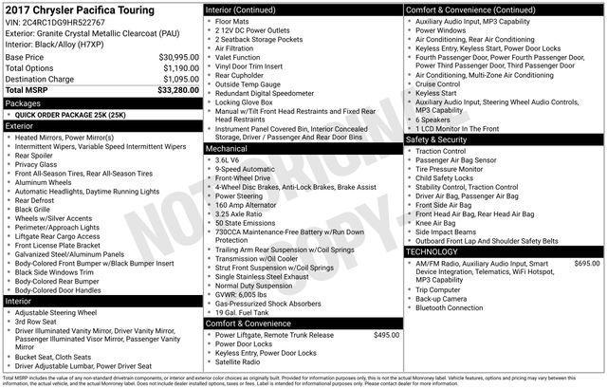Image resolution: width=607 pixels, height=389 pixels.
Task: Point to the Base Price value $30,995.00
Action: [x=178, y=56]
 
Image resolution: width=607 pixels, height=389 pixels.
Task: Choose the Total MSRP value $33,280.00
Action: [x=177, y=90]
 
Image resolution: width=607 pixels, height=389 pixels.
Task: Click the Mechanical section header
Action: [x=226, y=148]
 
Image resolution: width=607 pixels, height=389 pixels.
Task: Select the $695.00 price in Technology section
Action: [x=586, y=263]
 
